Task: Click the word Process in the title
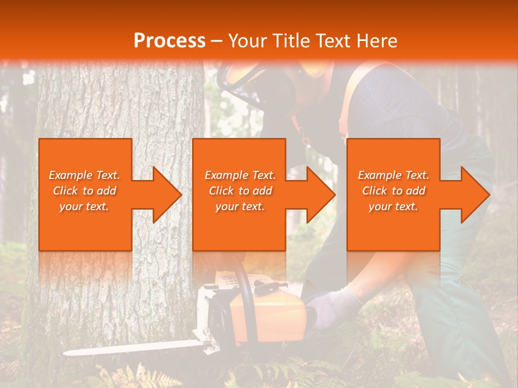tap(169, 40)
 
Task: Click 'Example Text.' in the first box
tap(84, 175)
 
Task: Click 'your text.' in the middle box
tap(240, 206)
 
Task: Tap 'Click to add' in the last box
tap(393, 191)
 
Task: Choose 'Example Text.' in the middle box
tap(240, 175)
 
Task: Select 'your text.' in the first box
tap(84, 206)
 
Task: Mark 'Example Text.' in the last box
tap(393, 175)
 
